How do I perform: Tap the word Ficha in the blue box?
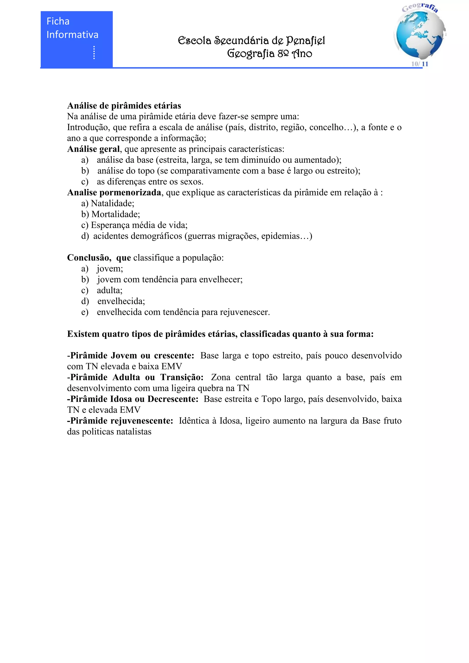click(x=58, y=21)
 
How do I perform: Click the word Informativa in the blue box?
click(x=73, y=35)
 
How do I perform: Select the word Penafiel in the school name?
click(x=305, y=41)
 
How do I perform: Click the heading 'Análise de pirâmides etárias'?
click(x=124, y=106)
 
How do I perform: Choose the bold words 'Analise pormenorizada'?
click(x=114, y=193)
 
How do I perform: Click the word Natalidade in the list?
click(x=112, y=204)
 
